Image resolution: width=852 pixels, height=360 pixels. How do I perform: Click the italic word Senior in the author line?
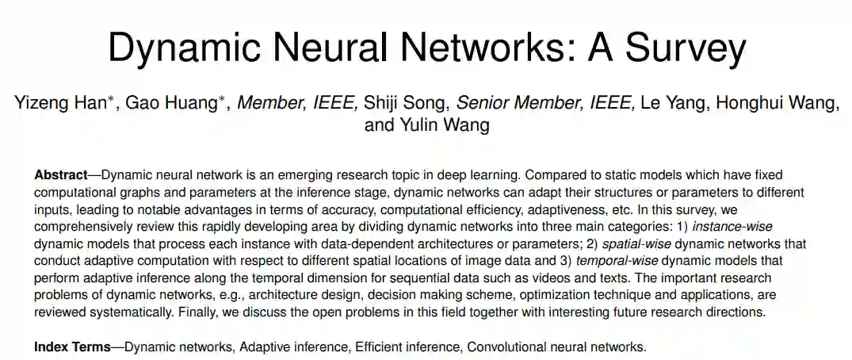[485, 102]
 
